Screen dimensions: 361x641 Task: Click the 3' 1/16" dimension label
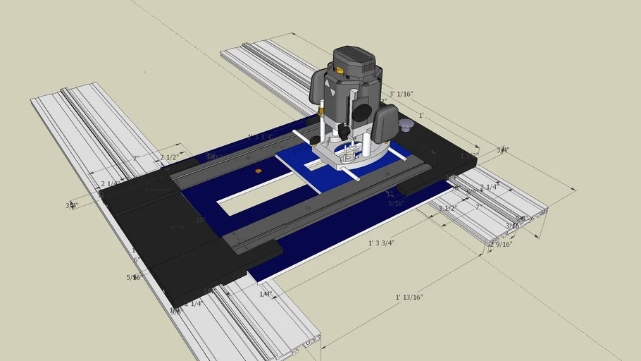(x=400, y=93)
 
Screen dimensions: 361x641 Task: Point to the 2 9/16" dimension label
(x=501, y=244)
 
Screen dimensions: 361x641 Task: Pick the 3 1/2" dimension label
(x=449, y=209)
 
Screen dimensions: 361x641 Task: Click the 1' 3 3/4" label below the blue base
(x=381, y=243)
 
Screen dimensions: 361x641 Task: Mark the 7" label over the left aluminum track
(x=136, y=158)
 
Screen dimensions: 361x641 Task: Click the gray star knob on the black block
(x=406, y=125)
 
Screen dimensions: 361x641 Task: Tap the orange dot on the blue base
(x=259, y=171)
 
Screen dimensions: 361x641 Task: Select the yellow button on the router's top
(x=341, y=70)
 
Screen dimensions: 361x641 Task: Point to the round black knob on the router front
(x=360, y=111)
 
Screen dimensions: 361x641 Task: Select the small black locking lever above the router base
(x=344, y=132)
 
